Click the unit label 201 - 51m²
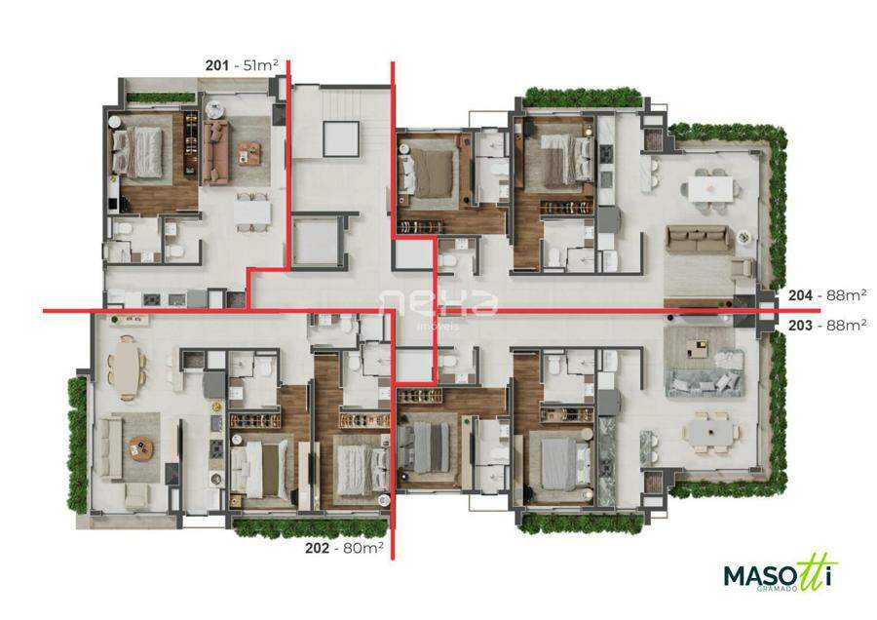click(x=242, y=65)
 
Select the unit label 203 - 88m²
click(x=827, y=325)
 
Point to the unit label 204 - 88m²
click(x=827, y=295)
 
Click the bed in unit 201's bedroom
click(x=137, y=149)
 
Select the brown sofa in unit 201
click(x=215, y=152)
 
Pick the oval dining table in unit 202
click(x=128, y=368)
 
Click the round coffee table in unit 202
click(x=141, y=447)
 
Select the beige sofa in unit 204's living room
click(x=697, y=239)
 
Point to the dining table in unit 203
click(x=709, y=433)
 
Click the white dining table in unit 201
click(x=252, y=213)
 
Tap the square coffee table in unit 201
click(x=248, y=153)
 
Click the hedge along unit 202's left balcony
click(x=78, y=444)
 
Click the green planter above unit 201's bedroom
click(x=160, y=97)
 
